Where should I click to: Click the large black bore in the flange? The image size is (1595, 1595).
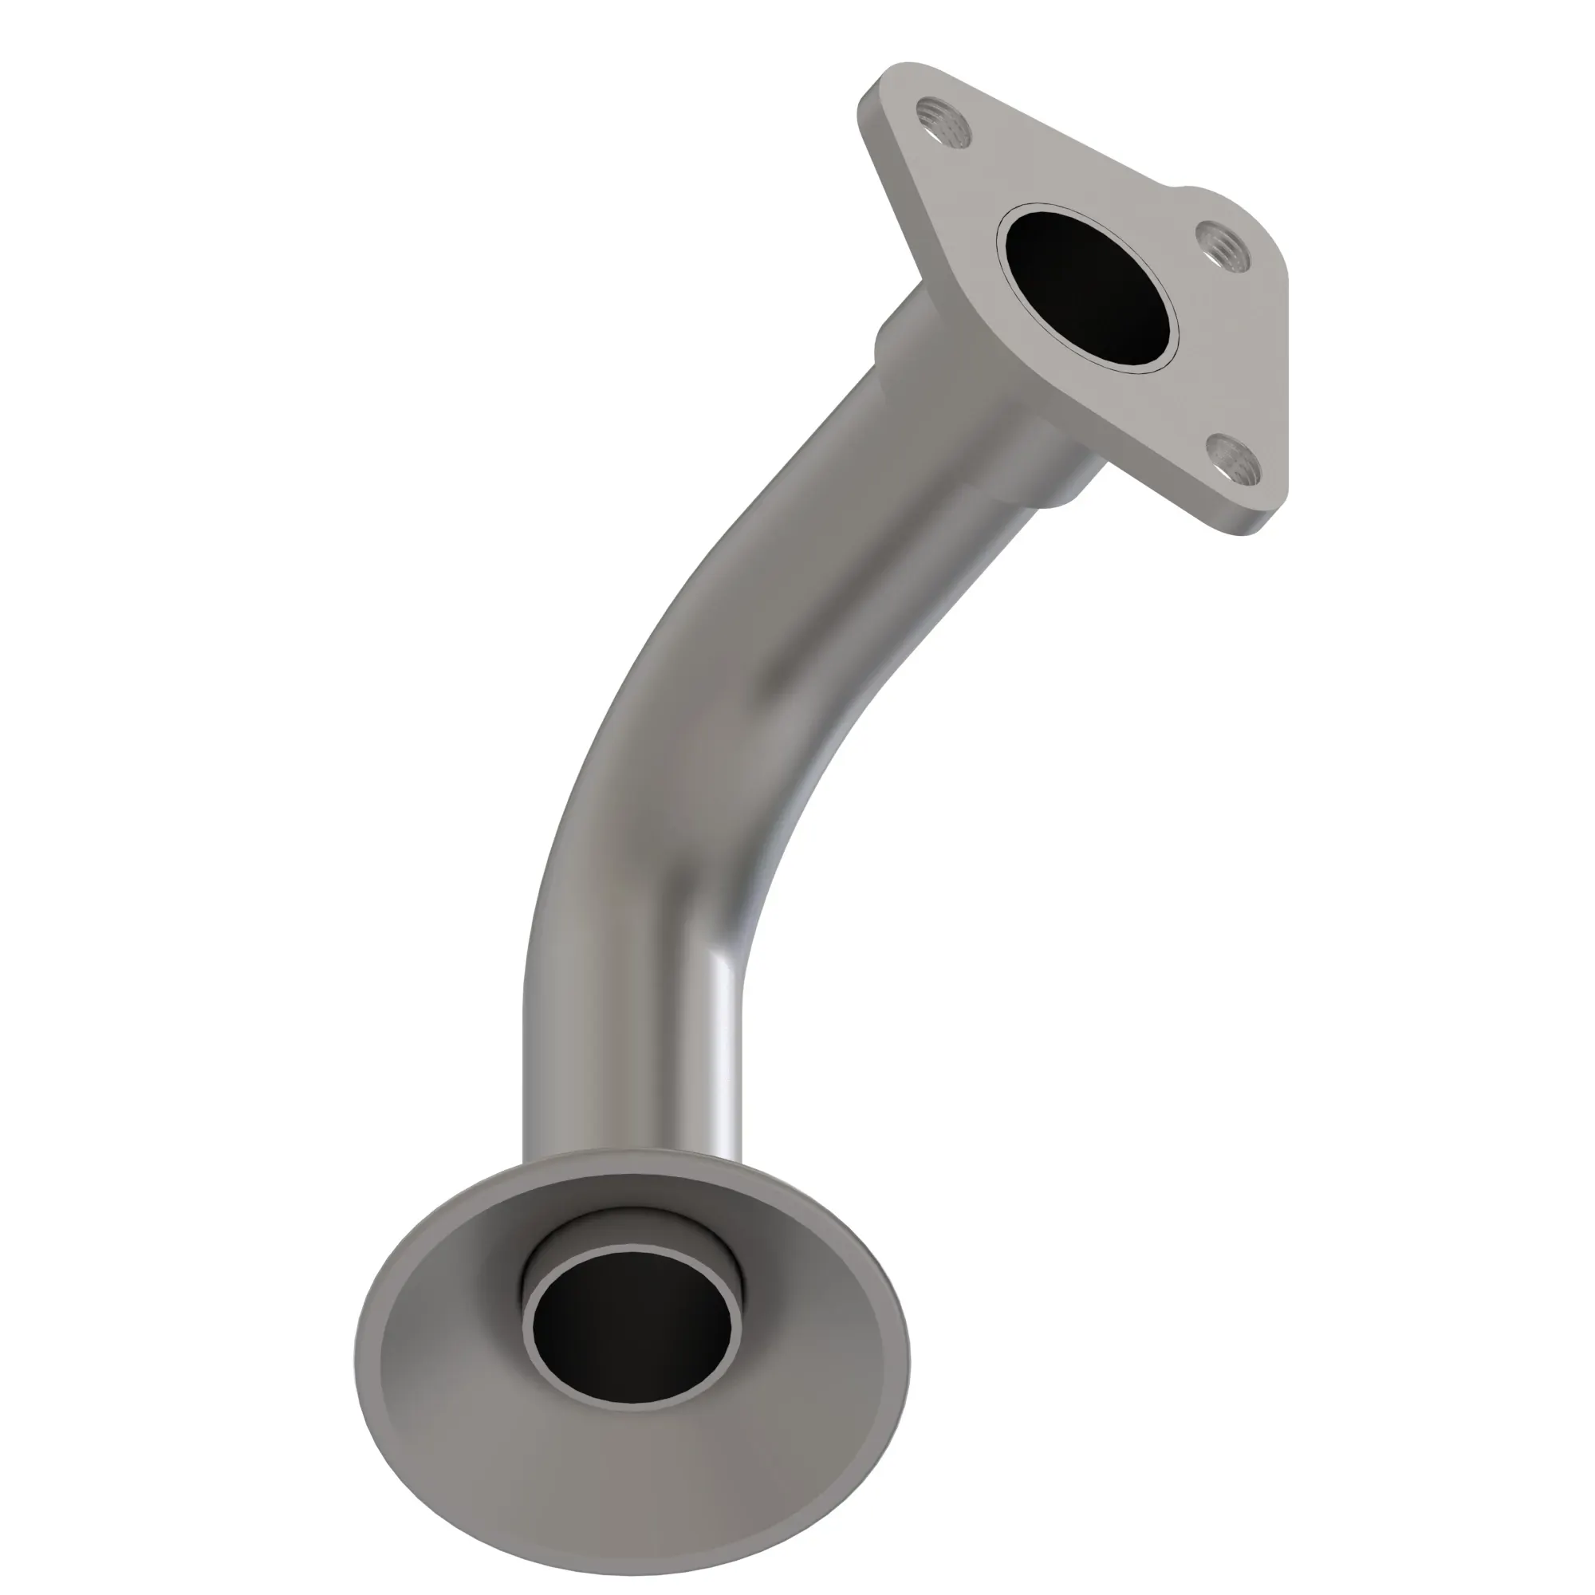point(1088,286)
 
